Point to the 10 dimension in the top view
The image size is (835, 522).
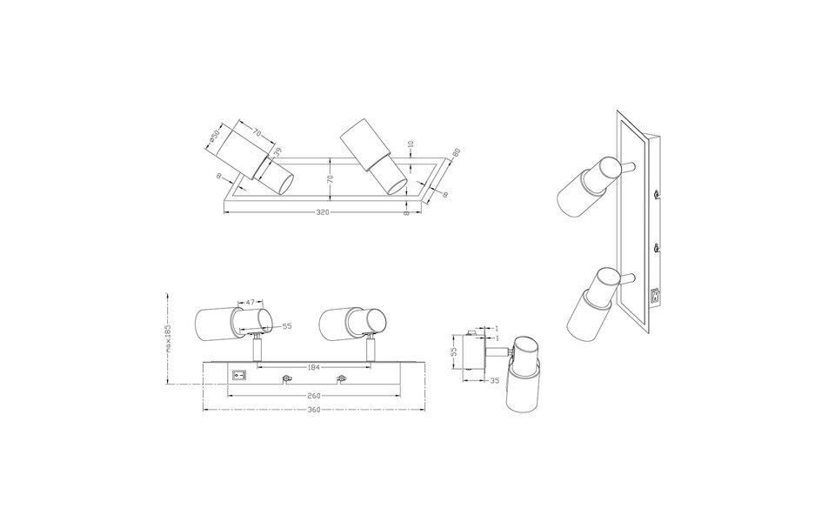(x=410, y=144)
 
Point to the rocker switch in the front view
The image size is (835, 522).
(x=237, y=375)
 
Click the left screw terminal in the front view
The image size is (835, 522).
(x=285, y=377)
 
